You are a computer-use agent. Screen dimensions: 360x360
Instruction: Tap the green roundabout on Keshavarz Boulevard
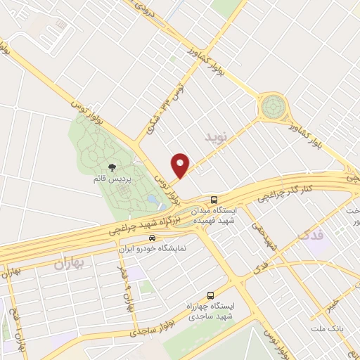[x=273, y=108]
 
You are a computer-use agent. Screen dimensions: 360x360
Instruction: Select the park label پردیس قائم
[x=112, y=179]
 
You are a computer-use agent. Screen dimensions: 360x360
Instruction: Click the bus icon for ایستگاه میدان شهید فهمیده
[x=214, y=199]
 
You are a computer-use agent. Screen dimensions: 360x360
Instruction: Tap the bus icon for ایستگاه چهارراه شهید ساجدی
[x=210, y=295]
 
